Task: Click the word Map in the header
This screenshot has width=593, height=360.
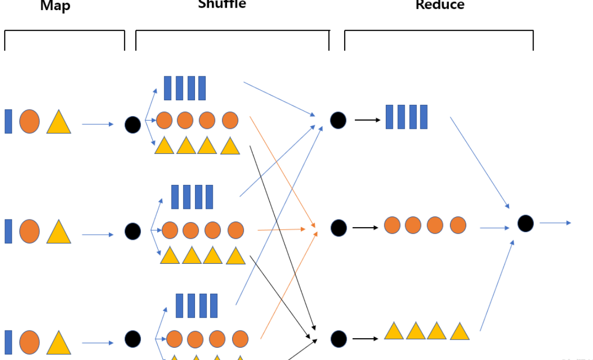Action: [55, 6]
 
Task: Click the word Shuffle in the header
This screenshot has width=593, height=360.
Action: [222, 4]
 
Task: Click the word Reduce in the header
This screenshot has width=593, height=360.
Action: [440, 5]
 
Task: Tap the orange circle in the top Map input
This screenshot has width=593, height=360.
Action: [30, 121]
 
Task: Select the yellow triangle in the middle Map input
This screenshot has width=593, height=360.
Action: [59, 232]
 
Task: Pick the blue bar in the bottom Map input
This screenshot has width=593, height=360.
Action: [8, 342]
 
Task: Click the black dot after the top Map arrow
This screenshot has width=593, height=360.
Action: [133, 125]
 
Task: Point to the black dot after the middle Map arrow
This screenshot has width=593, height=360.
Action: [133, 231]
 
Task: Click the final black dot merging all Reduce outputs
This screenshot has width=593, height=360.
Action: [525, 224]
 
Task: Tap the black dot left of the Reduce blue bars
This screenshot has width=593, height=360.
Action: [338, 120]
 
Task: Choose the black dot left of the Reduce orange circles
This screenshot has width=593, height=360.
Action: [338, 228]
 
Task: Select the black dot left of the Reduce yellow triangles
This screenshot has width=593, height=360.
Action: [338, 339]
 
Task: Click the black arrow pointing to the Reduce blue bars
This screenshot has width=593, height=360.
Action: [367, 120]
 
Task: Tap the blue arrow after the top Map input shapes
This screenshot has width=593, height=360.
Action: [98, 124]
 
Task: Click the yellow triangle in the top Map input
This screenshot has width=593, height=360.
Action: [59, 122]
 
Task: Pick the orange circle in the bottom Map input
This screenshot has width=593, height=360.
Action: [30, 342]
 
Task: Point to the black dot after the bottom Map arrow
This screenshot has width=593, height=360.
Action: [133, 339]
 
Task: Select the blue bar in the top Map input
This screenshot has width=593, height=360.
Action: [8, 121]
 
